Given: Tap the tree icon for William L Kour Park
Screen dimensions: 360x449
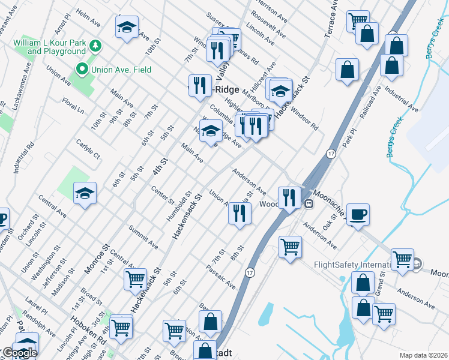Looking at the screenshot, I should [94, 46].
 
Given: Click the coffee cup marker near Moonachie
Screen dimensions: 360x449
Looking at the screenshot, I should [358, 215].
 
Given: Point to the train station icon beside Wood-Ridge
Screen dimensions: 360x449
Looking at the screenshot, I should [309, 203].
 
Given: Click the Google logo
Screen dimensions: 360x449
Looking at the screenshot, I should [19, 353].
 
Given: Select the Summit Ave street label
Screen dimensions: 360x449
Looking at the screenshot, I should [143, 237].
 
